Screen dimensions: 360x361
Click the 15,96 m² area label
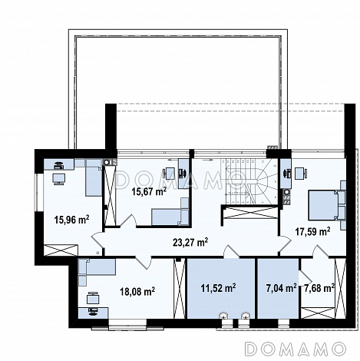[x=71, y=220]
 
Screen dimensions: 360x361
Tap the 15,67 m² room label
[x=149, y=191]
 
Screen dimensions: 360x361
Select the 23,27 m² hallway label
[x=190, y=242]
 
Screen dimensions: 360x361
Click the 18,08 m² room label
[x=137, y=291]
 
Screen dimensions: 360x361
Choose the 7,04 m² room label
[x=281, y=288]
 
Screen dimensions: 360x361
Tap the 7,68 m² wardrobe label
[x=319, y=288]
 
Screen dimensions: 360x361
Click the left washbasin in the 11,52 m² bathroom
[x=225, y=315]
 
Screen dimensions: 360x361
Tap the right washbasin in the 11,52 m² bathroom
[x=245, y=315]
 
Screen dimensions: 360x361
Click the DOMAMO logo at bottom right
[x=294, y=349]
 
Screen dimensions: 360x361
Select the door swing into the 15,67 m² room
[x=129, y=220]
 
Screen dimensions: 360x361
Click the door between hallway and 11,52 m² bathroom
[x=231, y=251]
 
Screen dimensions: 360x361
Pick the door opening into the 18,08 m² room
[x=144, y=263]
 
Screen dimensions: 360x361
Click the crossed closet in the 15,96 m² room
[x=61, y=250]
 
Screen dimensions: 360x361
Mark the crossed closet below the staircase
[x=249, y=213]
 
